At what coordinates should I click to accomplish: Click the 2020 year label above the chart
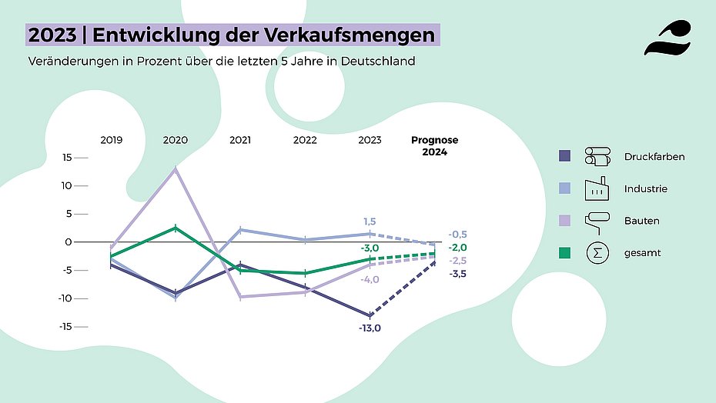point(176,140)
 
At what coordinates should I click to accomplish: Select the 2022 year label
point(305,140)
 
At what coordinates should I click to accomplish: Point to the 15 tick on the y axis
point(67,158)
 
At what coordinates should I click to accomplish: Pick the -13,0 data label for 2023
point(370,328)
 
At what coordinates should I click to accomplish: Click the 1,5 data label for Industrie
point(370,221)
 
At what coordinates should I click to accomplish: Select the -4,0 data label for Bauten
point(370,279)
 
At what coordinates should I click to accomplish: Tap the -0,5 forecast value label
point(458,234)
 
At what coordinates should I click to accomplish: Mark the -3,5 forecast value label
point(458,274)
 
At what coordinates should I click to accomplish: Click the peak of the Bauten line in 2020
point(176,168)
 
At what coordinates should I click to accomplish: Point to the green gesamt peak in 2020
point(176,227)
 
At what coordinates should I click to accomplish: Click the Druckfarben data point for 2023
point(370,315)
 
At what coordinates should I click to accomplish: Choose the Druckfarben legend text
point(654,157)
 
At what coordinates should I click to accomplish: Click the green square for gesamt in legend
point(564,252)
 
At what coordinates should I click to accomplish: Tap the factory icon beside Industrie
point(597,188)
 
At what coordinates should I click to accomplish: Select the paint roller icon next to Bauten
point(597,220)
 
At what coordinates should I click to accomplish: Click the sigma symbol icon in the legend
point(597,252)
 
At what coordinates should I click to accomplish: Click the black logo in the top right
point(667,38)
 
